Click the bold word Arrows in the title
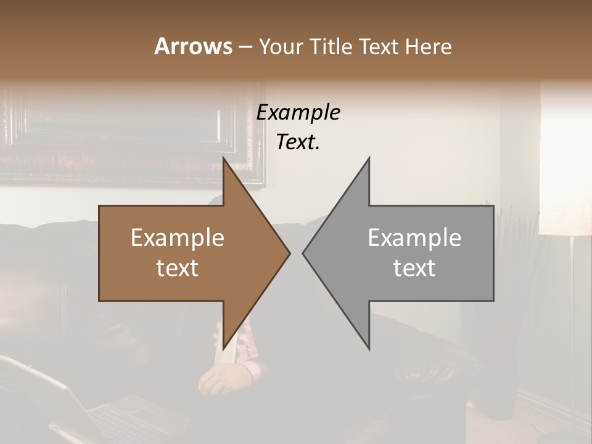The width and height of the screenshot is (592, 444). tap(193, 46)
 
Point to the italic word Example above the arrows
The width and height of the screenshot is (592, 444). tap(298, 113)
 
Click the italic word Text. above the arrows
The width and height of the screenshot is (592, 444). tap(298, 142)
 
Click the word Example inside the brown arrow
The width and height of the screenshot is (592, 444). tap(178, 238)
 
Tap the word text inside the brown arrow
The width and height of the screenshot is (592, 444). tap(178, 268)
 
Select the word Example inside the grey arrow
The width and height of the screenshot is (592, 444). tap(414, 238)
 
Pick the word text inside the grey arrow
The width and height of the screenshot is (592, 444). tap(414, 268)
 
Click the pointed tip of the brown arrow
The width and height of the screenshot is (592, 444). tap(289, 253)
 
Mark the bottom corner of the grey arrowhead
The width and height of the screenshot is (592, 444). tap(369, 348)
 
